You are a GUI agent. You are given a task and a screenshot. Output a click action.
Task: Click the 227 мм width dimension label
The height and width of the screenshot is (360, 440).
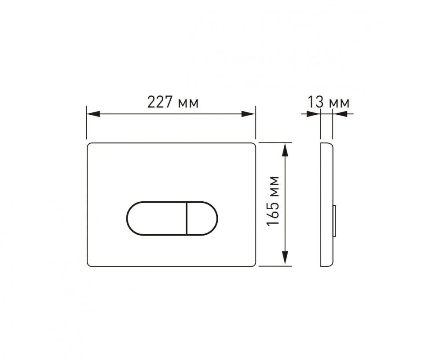(173, 102)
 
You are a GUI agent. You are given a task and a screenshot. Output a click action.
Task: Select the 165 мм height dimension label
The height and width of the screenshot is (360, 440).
(272, 201)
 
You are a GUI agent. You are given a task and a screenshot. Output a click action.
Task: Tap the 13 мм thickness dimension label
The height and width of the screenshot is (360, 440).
(329, 102)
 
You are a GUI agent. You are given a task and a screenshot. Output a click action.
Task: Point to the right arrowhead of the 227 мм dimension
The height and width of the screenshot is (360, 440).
(249, 114)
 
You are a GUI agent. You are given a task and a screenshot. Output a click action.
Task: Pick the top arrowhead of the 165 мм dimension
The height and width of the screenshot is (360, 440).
(286, 149)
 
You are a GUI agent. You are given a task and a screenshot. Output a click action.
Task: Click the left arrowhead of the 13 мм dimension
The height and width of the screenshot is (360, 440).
(313, 114)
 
